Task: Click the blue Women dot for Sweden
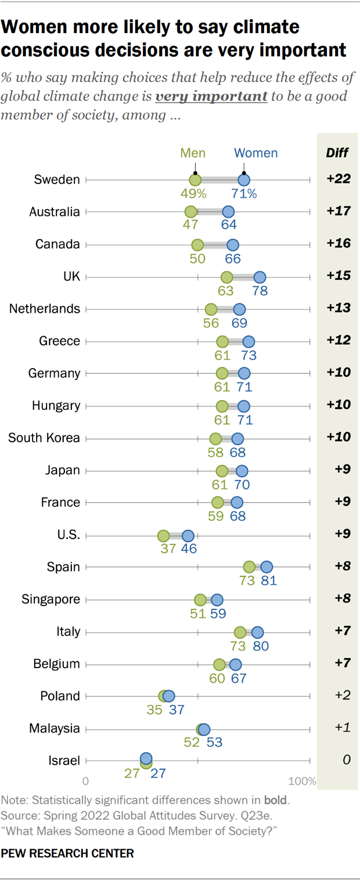[x=244, y=180]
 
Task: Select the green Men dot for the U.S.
[x=164, y=535]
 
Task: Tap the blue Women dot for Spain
[x=267, y=567]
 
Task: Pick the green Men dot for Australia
[x=190, y=212]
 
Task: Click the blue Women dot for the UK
[x=260, y=277]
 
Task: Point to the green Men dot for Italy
[x=240, y=632]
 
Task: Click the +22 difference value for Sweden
[x=338, y=179]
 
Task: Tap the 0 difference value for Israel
[x=346, y=760]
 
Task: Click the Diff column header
[x=337, y=153]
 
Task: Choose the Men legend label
[x=193, y=153]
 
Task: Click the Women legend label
[x=255, y=153]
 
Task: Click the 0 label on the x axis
[x=86, y=781]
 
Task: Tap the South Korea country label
[x=44, y=438]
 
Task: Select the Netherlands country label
[x=45, y=309]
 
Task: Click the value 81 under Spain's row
[x=268, y=580]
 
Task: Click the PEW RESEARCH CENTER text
[x=67, y=853]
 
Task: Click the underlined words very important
[x=211, y=96]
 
